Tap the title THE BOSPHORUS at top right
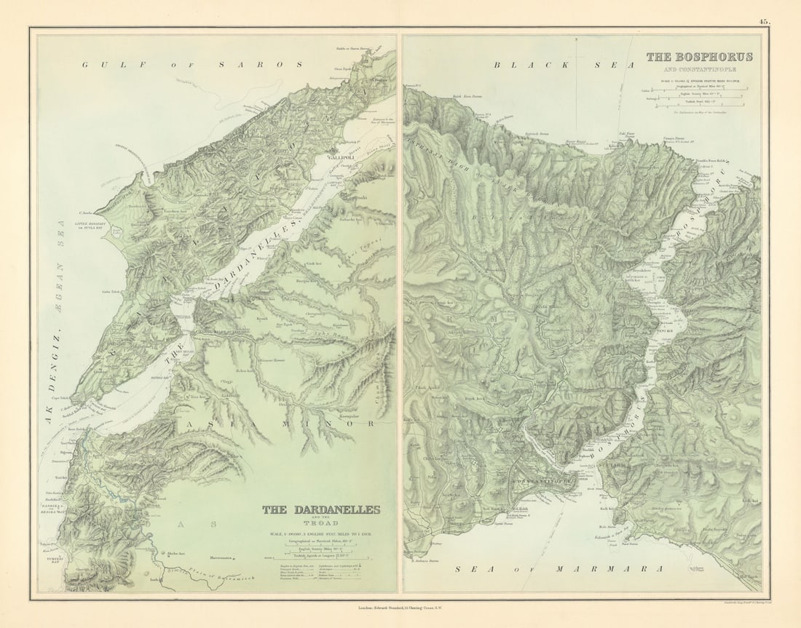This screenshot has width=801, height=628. click(x=699, y=57)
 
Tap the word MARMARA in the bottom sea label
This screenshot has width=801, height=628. click(x=609, y=569)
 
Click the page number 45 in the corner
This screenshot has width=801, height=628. click(x=763, y=22)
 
